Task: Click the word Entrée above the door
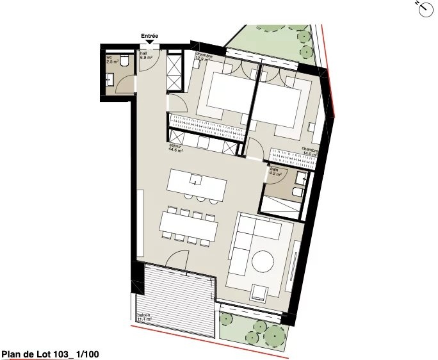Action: point(149,37)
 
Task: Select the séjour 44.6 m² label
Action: point(176,150)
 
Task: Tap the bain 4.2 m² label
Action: point(275,172)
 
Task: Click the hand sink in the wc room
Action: point(111,79)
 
